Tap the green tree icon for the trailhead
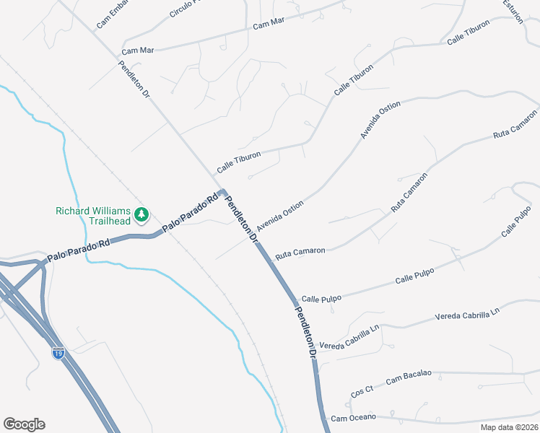point(142,214)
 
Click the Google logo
point(24,424)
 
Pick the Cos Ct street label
point(361,391)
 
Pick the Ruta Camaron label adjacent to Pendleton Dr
point(300,252)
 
